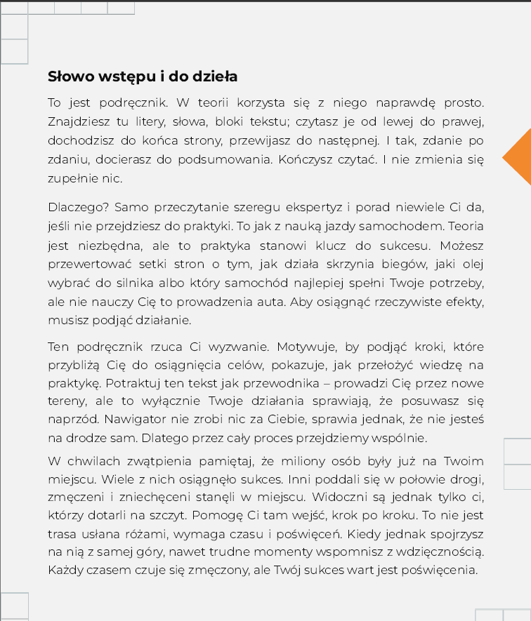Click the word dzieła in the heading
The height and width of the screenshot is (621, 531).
pyautogui.click(x=214, y=76)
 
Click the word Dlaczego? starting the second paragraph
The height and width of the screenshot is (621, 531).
pyautogui.click(x=77, y=208)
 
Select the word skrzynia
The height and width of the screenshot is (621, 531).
pyautogui.click(x=348, y=265)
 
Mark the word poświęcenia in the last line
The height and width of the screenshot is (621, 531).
pyautogui.click(x=440, y=570)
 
